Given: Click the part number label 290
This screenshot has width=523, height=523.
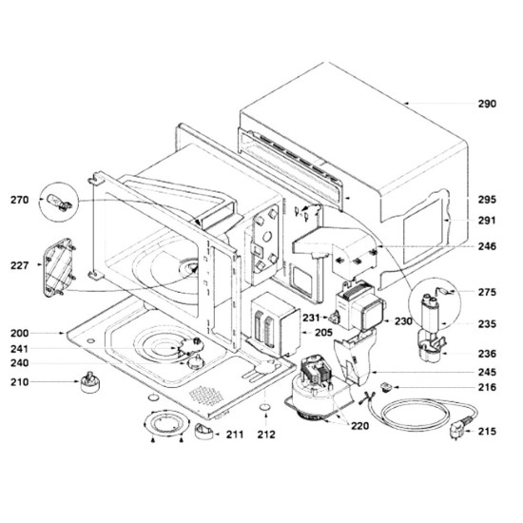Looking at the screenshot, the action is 487,104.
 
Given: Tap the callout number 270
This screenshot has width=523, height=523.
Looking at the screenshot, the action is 20,200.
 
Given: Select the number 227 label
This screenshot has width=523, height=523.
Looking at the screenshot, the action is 20,266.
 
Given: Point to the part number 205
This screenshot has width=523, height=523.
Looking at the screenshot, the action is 323,332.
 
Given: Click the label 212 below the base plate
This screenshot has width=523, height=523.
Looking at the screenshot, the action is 266,435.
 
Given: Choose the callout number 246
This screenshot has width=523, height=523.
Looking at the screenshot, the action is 487,246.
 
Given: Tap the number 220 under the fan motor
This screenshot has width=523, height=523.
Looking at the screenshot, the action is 359,426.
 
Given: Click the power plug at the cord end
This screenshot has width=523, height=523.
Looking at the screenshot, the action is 458,429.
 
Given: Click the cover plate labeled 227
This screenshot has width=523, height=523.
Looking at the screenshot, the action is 59,267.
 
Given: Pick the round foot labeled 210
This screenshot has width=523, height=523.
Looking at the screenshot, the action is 89,382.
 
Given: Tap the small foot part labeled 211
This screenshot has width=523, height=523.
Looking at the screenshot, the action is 203,432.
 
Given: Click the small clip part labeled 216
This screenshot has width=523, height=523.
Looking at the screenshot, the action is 386,387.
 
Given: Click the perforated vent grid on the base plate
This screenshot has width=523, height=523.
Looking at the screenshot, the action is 206,396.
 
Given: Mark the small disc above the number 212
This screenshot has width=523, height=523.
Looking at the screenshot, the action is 265,408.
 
